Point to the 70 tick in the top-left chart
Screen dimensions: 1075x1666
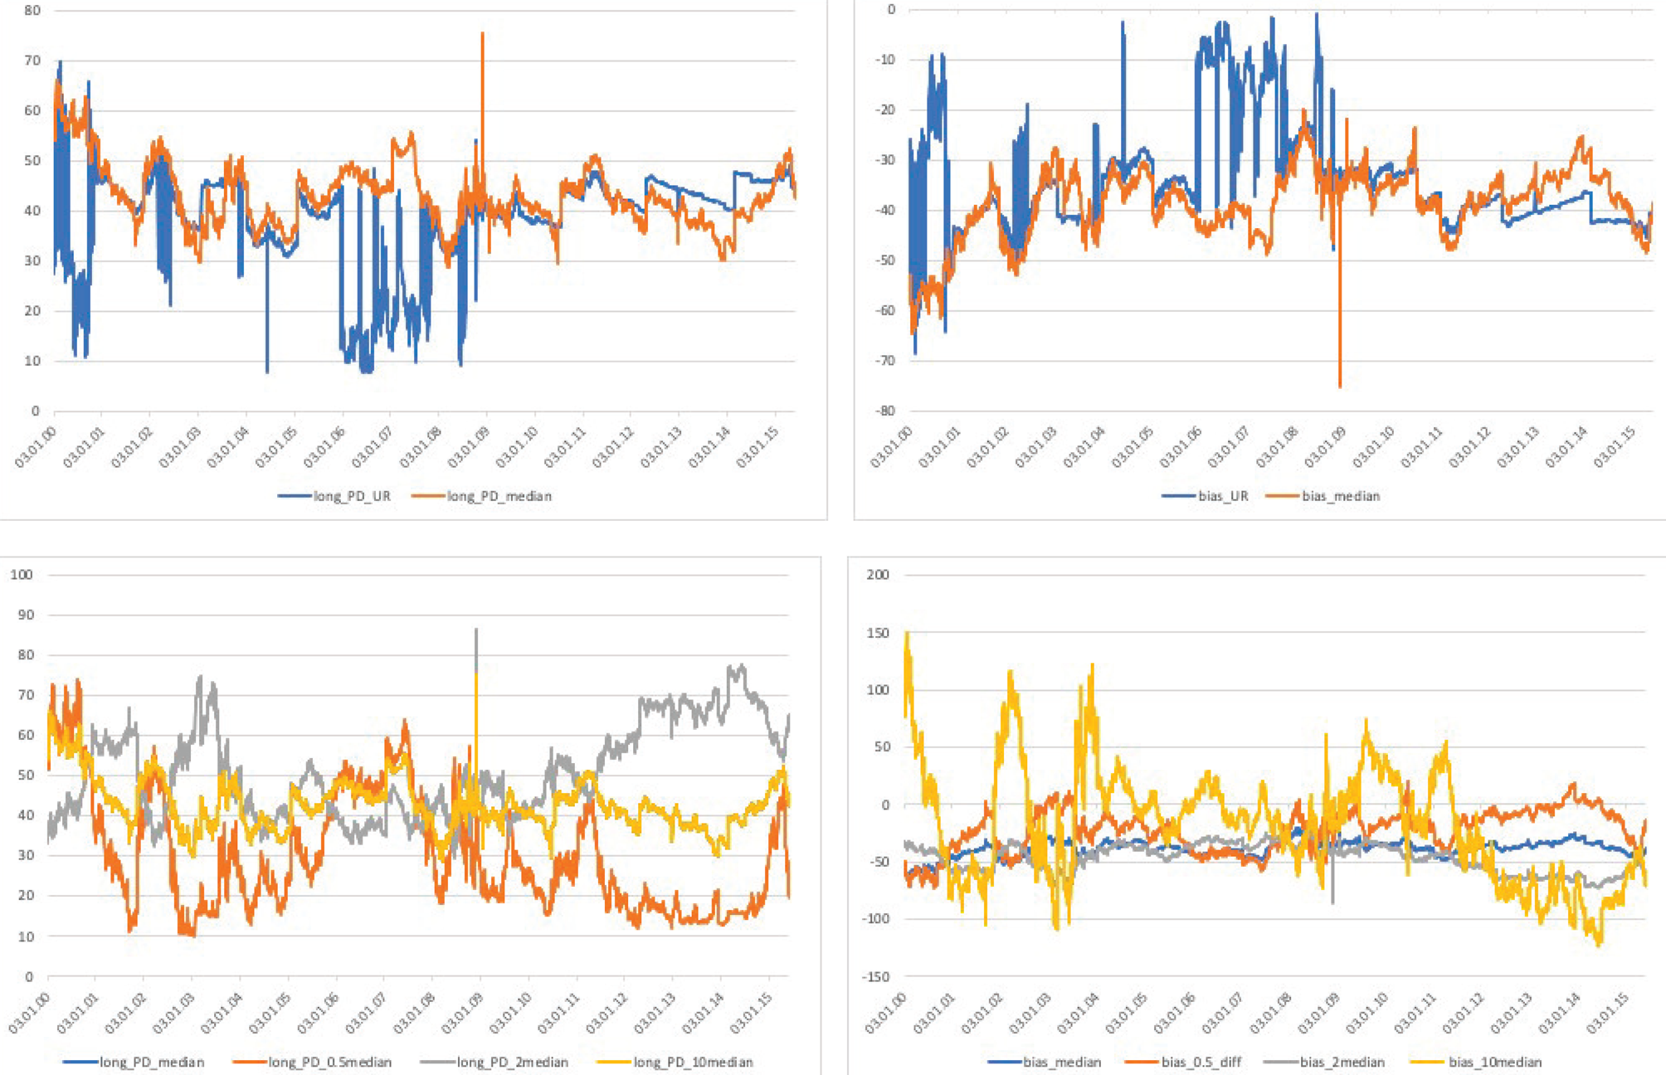(x=32, y=61)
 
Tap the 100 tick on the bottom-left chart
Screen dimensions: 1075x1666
(x=22, y=574)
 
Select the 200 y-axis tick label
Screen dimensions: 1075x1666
(x=878, y=574)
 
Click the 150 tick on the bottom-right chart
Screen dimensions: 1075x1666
(x=878, y=633)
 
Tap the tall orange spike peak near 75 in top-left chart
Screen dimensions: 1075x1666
(x=482, y=34)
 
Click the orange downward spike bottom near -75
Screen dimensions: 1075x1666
(x=1340, y=387)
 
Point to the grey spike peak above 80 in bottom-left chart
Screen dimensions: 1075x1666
(x=475, y=630)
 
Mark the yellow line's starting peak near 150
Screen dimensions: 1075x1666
(x=907, y=634)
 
